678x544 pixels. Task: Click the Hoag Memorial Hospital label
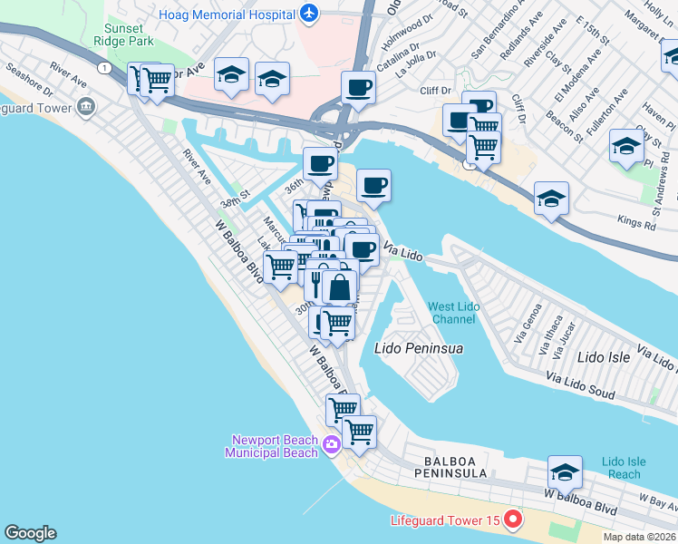[228, 14]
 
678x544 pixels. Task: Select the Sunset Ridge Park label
[132, 34]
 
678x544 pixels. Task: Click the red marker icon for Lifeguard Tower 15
[513, 520]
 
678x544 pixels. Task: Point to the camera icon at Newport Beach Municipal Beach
[331, 443]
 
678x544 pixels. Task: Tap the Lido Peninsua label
[418, 348]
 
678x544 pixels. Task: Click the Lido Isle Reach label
[625, 468]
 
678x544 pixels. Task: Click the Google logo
[30, 533]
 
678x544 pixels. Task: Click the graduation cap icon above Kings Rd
[551, 198]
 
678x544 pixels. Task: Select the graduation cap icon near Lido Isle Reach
[565, 471]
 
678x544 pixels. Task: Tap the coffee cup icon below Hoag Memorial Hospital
[358, 87]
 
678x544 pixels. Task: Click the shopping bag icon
[339, 287]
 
